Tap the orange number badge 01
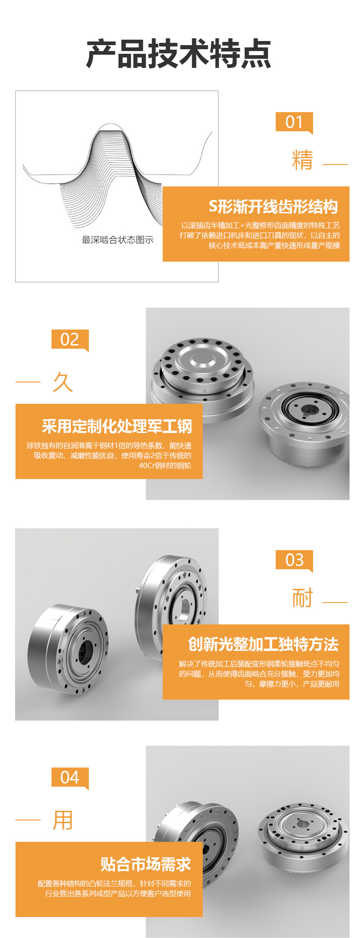[294, 122]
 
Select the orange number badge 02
[70, 340]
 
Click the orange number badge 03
[294, 560]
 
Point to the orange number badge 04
[70, 777]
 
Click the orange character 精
[303, 160]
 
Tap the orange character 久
[63, 382]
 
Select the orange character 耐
[303, 598]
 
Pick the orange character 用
[63, 820]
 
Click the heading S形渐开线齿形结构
[273, 207]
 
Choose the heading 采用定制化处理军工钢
[117, 426]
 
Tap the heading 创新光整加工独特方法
[263, 644]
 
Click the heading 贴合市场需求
[146, 864]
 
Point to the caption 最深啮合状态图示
[118, 240]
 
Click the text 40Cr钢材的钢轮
[165, 465]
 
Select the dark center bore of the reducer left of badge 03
[86, 652]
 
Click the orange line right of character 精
[335, 164]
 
